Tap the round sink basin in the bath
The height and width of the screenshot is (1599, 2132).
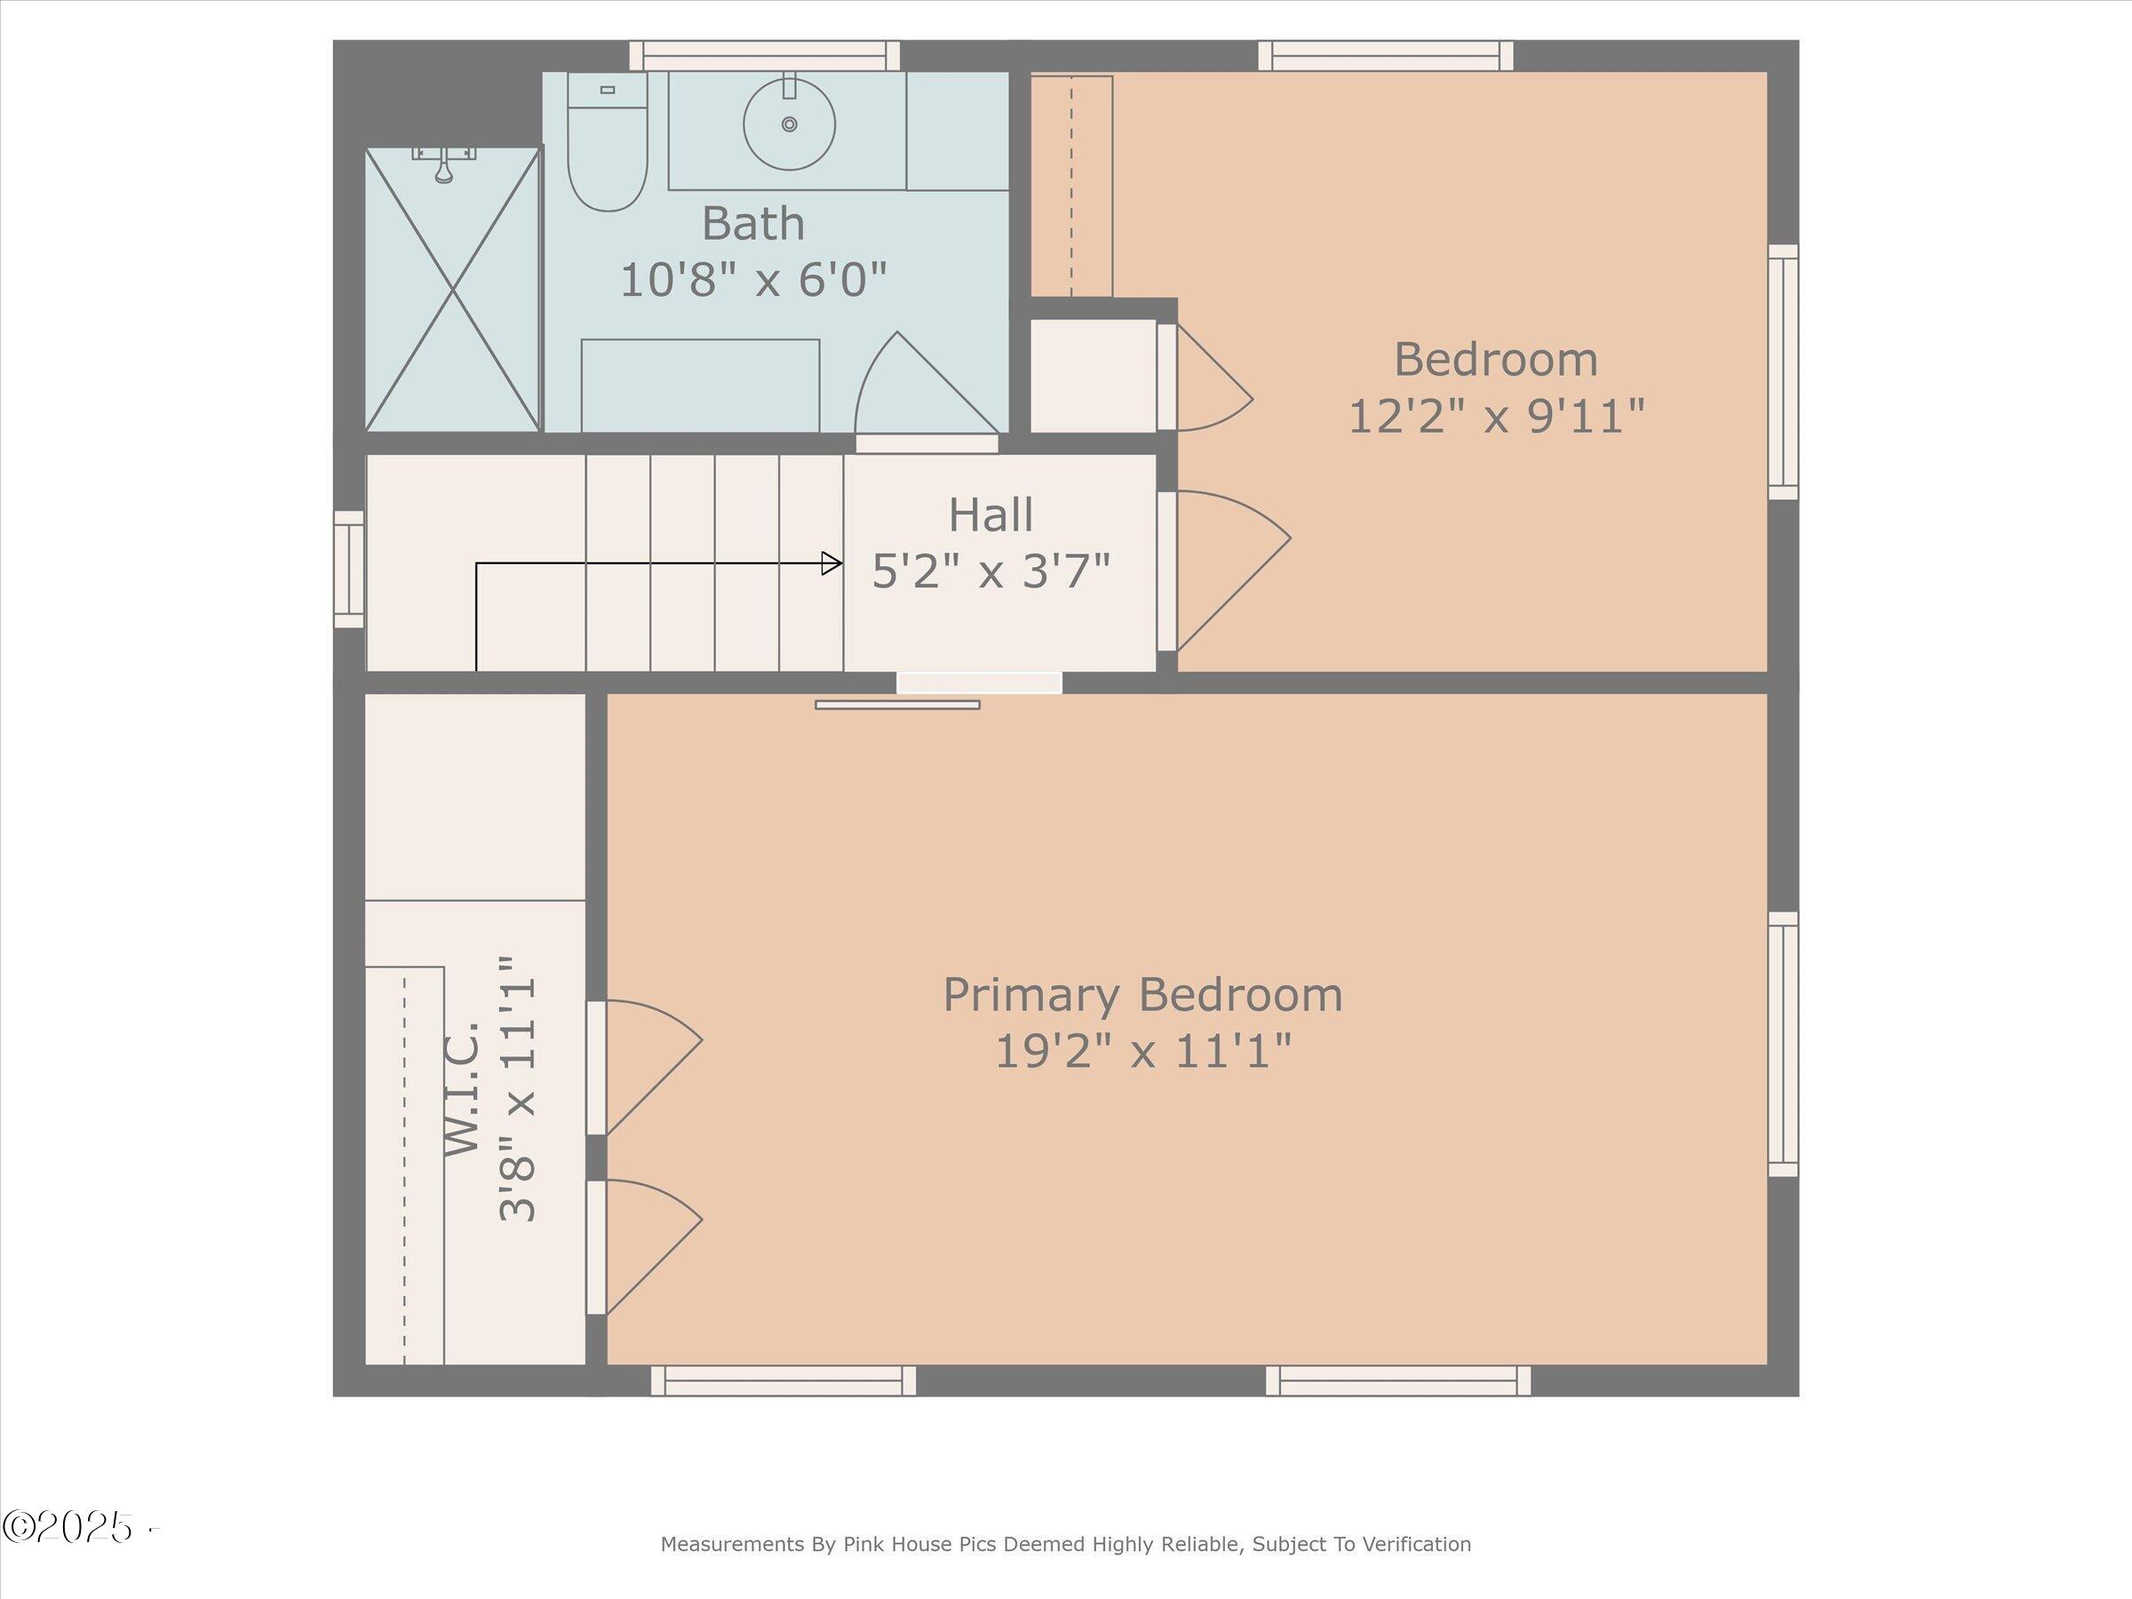790,124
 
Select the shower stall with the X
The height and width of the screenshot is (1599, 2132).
452,289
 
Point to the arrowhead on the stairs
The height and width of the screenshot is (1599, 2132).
831,563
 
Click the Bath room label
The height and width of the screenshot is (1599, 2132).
752,224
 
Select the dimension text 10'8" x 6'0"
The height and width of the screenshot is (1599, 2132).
752,281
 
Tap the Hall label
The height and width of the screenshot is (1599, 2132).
990,514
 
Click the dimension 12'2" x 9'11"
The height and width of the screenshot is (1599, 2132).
1496,418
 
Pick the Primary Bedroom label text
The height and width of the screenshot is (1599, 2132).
1142,995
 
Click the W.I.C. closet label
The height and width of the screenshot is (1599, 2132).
462,1090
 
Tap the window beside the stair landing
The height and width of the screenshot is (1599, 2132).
349,569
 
